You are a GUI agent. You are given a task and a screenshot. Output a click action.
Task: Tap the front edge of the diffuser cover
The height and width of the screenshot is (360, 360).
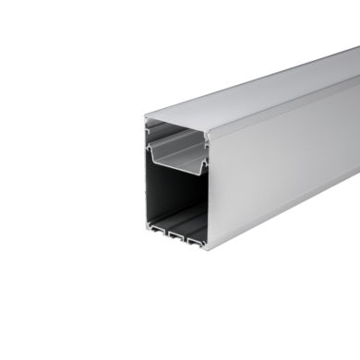click(175, 121)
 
